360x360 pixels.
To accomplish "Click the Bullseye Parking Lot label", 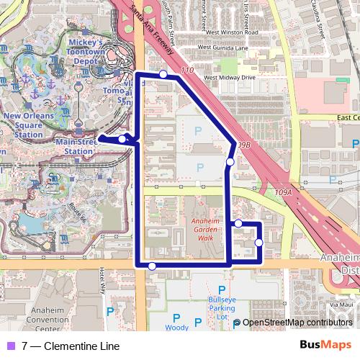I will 222,307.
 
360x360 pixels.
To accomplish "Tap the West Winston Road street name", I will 232,32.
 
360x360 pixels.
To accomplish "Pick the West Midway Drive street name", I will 229,76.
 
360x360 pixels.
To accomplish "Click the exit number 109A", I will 283,193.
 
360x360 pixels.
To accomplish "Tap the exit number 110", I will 188,70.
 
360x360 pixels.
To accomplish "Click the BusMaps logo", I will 325,345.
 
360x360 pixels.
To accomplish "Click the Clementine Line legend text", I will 71,346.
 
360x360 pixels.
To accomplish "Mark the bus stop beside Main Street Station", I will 123,139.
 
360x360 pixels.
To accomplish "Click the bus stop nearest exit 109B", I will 230,162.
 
